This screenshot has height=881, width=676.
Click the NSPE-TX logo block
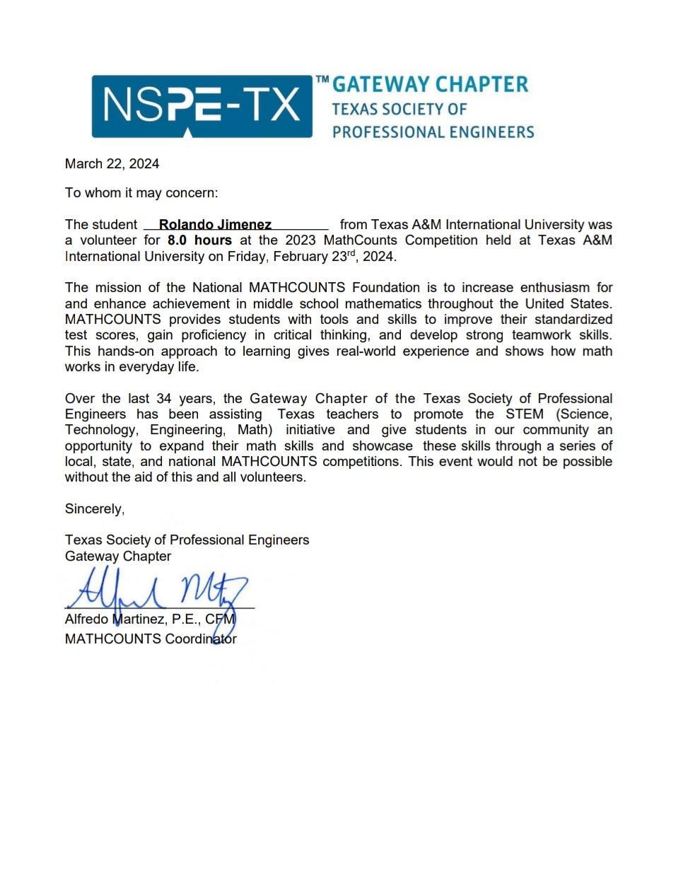(x=202, y=106)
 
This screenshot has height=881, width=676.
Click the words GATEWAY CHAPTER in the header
(x=430, y=85)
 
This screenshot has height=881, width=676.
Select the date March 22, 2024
(x=112, y=164)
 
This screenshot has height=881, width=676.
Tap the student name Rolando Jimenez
(x=215, y=225)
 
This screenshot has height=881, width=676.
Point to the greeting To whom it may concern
(x=141, y=192)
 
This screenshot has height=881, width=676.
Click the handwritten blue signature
(x=159, y=589)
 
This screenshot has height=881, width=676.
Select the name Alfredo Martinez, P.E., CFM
(x=150, y=619)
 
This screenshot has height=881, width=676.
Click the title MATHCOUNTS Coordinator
(x=151, y=639)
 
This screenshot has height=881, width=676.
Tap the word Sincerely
(x=94, y=509)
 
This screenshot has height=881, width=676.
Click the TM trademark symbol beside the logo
(x=322, y=81)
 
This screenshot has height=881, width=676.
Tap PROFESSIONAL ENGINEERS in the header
(x=433, y=132)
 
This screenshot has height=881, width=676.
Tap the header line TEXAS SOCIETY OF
(x=400, y=109)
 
